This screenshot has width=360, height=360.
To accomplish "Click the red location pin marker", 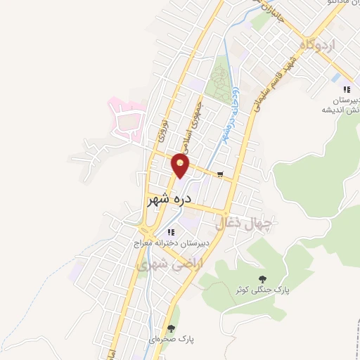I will pyautogui.click(x=181, y=167).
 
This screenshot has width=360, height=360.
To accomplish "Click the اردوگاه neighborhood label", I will pyautogui.click(x=319, y=44).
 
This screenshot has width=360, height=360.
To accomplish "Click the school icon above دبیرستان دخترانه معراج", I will pyautogui.click(x=169, y=232).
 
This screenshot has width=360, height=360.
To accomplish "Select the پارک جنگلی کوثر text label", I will pyautogui.click(x=262, y=290).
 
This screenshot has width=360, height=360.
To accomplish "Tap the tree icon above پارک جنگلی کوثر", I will pyautogui.click(x=263, y=278).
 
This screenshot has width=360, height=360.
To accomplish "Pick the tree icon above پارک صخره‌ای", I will pyautogui.click(x=171, y=328).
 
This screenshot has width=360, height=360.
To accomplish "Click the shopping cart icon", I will pyautogui.click(x=221, y=175).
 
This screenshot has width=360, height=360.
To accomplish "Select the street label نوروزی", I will pyautogui.click(x=160, y=128).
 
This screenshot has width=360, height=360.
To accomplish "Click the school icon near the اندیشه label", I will pyautogui.click(x=346, y=89).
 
